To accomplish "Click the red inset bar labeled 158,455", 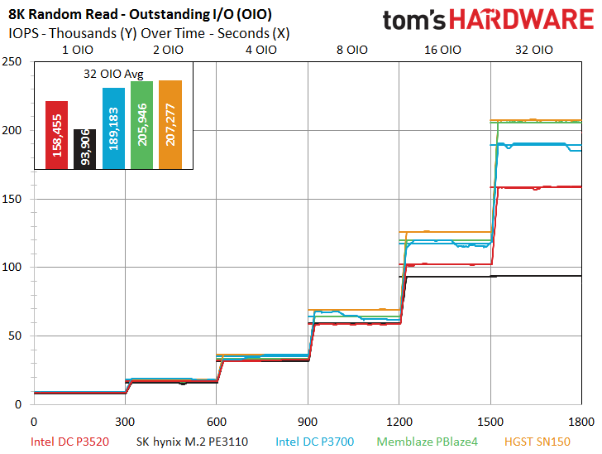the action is (x=56, y=135).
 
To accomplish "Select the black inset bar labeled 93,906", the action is (x=85, y=149).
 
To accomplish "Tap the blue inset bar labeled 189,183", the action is (x=113, y=128).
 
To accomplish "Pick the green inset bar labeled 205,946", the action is (x=141, y=125).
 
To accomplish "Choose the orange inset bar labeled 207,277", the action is (x=170, y=124).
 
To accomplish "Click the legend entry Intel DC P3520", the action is (x=69, y=442).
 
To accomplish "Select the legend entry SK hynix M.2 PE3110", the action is (x=192, y=442).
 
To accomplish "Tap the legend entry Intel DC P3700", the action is (x=315, y=442).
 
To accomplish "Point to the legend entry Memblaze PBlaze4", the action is (x=427, y=442).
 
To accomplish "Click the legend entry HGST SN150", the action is (x=537, y=442).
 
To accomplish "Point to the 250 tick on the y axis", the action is (x=12, y=61).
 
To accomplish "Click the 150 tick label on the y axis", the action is (x=12, y=199).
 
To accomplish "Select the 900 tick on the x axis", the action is (x=308, y=422).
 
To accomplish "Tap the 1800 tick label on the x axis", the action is (x=581, y=422).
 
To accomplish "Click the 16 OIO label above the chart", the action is (x=442, y=50).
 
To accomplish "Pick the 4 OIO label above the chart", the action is (x=261, y=50).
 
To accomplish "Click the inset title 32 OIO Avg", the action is (x=113, y=74).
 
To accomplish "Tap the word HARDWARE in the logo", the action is (x=521, y=20).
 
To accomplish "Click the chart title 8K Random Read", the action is (x=63, y=14).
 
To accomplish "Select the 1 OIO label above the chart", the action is (x=78, y=50).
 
